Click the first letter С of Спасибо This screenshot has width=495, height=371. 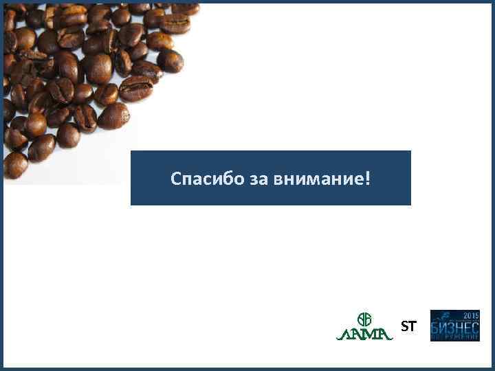point(176,180)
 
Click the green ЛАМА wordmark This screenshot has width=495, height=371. point(364,334)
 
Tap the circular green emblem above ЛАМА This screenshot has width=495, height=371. point(364,319)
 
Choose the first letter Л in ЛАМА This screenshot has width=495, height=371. point(343,334)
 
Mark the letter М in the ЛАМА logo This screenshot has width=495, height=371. point(371,334)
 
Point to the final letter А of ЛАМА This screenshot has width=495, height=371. point(386,334)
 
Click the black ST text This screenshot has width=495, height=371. point(408,327)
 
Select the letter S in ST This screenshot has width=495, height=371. point(405,327)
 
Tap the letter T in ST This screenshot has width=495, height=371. point(412,327)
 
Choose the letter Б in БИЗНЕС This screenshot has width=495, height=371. point(435,328)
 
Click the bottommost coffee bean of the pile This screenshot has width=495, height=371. point(15,165)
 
